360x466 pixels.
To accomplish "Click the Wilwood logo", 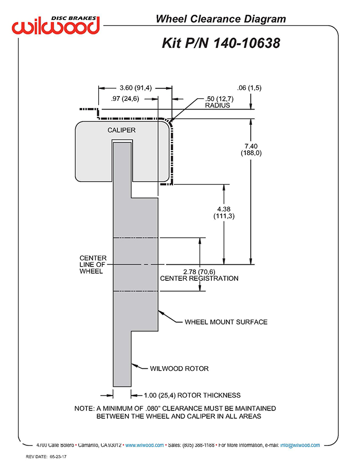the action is pos(56,26).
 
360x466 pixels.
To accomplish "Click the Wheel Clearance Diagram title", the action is pos(221,19).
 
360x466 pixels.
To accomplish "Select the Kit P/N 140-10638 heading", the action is pos(221,43).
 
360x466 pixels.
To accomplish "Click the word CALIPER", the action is pos(121,130).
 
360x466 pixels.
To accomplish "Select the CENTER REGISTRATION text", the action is pos(199,278).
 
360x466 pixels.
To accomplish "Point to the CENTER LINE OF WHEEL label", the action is pos(93,264).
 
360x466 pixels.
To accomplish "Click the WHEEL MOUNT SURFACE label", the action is pos(226,322).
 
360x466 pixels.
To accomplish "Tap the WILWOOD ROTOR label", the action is pos(179,368).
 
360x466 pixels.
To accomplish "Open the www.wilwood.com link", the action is pos(145,445).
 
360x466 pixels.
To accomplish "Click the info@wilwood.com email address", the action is pos(300,445).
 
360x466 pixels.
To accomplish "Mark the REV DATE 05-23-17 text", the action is pos(46,457).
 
